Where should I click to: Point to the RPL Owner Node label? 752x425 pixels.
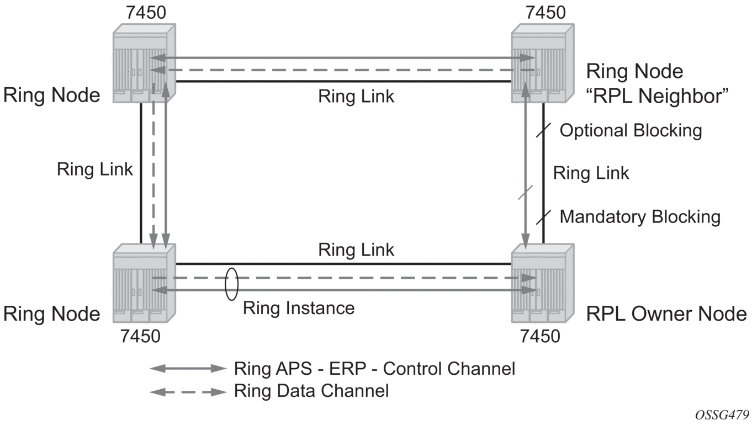(666, 314)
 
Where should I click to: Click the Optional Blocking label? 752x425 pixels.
(631, 131)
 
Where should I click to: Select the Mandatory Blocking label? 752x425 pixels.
(640, 217)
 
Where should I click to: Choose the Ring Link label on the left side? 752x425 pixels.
(95, 169)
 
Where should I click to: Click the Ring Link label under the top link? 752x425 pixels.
(356, 96)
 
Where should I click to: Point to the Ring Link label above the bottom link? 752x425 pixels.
(356, 249)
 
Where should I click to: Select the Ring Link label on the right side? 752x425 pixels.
(591, 173)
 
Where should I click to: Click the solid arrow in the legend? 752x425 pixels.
(188, 369)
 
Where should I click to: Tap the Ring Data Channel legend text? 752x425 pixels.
(311, 391)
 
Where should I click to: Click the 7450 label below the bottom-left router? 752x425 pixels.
(140, 336)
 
